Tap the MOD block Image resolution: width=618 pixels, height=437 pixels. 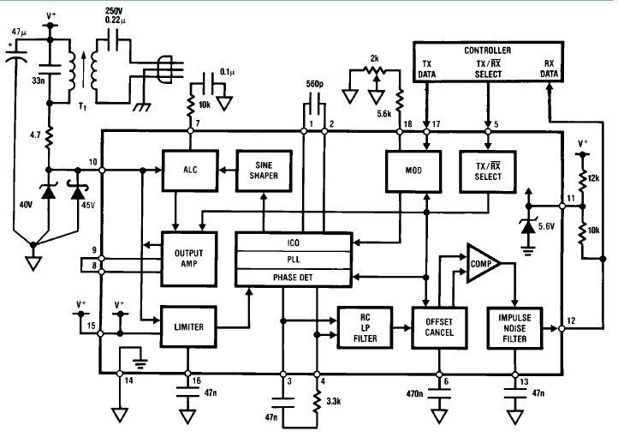[412, 170]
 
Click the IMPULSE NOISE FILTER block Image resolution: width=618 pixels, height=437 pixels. [514, 326]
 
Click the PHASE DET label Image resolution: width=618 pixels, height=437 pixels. [293, 277]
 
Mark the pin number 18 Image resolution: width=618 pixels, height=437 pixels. [407, 124]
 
